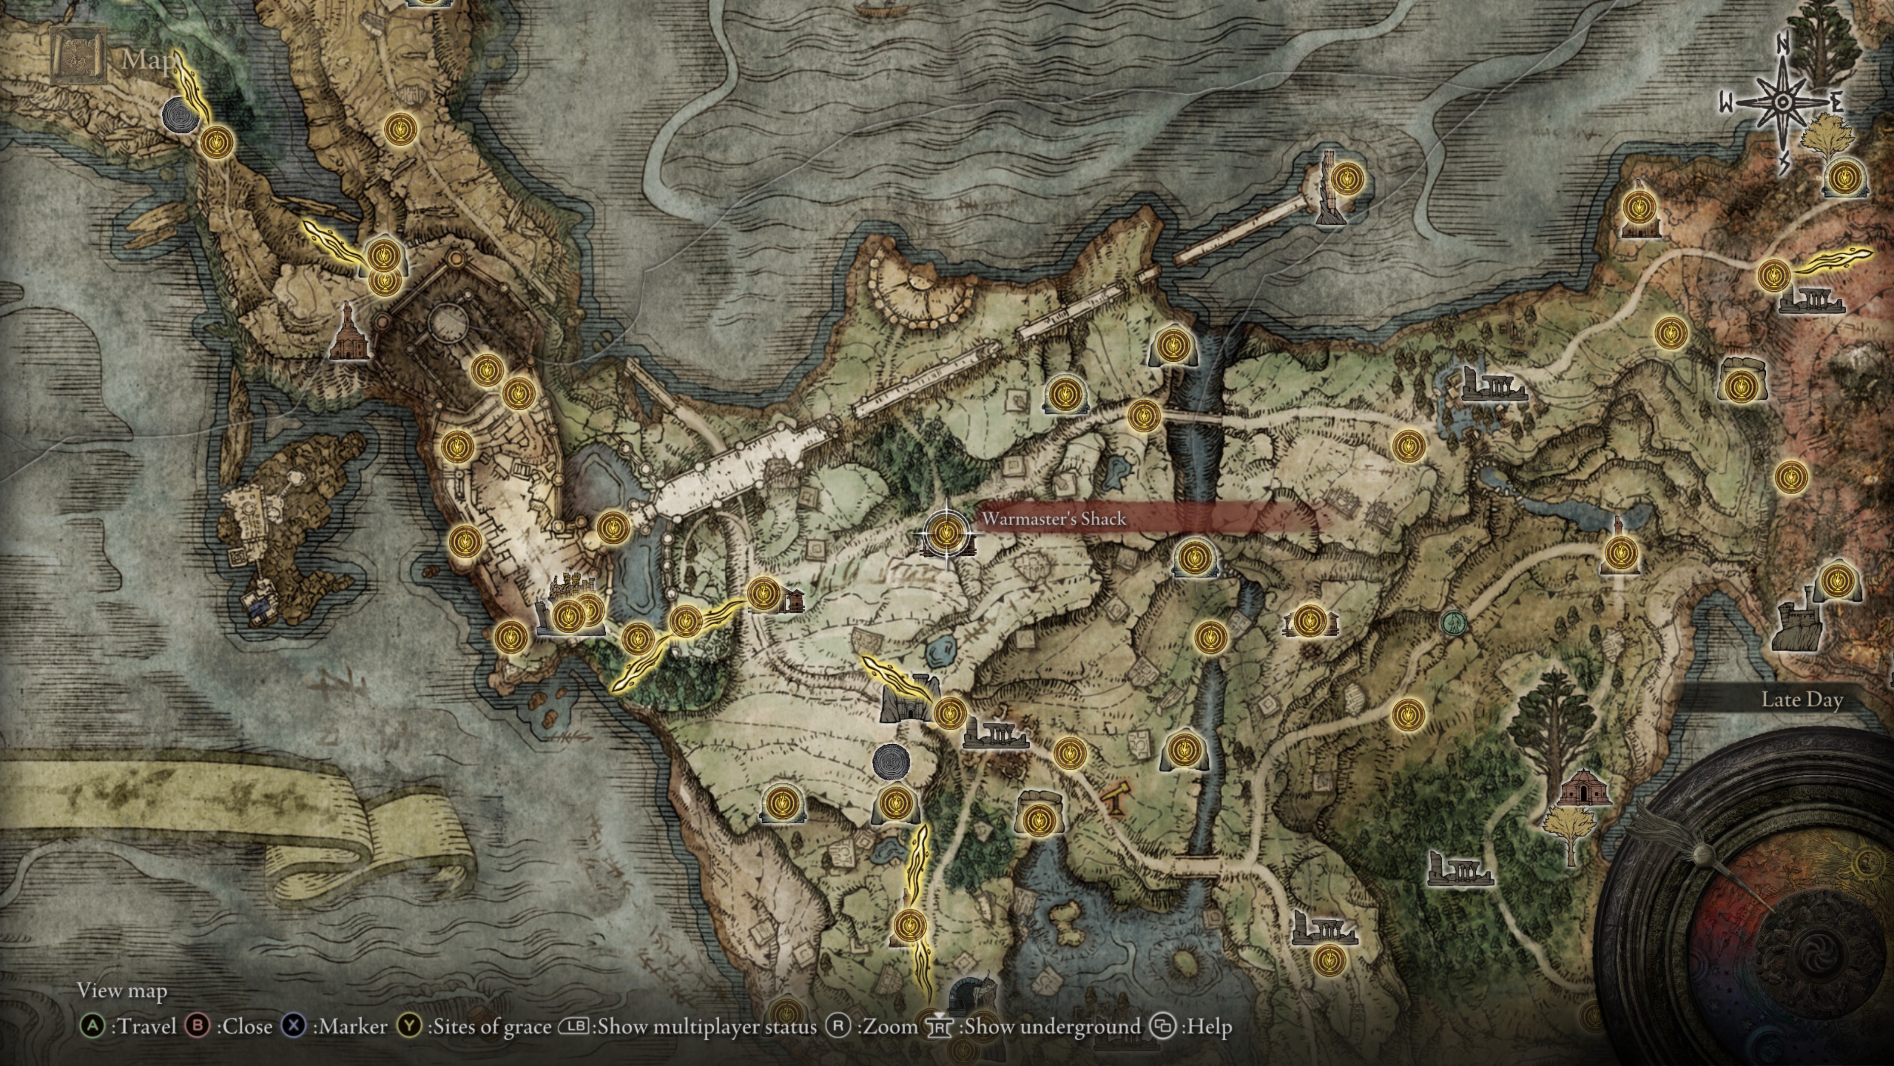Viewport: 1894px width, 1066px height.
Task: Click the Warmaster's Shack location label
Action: coord(1054,519)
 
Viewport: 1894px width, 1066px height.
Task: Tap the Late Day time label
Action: coord(1801,700)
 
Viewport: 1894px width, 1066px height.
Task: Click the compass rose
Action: coord(1782,103)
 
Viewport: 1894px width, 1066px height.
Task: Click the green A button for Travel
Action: coord(92,1027)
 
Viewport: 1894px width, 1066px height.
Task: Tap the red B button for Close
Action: coord(197,1027)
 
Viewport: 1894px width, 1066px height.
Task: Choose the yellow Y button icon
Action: coord(409,1027)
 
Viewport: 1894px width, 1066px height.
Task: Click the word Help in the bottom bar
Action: coord(1206,1027)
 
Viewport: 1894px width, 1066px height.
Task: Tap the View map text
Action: coord(122,991)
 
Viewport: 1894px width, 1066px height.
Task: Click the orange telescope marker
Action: coord(1114,800)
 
